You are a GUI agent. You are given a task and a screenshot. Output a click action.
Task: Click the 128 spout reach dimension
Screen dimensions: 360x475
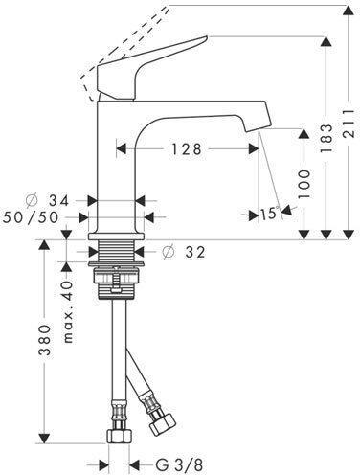click(187, 149)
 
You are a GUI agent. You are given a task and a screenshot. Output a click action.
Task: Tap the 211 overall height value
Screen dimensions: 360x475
click(349, 123)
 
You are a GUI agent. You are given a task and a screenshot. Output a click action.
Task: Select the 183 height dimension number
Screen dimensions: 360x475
click(326, 138)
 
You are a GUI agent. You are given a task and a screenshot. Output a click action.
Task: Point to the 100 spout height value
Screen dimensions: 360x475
click(304, 184)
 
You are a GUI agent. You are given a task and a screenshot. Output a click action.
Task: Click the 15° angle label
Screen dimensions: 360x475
click(270, 214)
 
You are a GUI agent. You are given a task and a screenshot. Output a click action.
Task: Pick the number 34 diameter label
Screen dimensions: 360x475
click(59, 201)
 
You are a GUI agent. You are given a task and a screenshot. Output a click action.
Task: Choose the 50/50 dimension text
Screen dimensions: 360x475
click(31, 217)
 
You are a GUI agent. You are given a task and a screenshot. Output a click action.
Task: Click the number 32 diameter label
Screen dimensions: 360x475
click(195, 253)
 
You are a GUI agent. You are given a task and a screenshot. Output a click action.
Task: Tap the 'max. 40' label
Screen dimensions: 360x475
click(68, 312)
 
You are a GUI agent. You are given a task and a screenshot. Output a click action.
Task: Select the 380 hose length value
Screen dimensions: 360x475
click(45, 340)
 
